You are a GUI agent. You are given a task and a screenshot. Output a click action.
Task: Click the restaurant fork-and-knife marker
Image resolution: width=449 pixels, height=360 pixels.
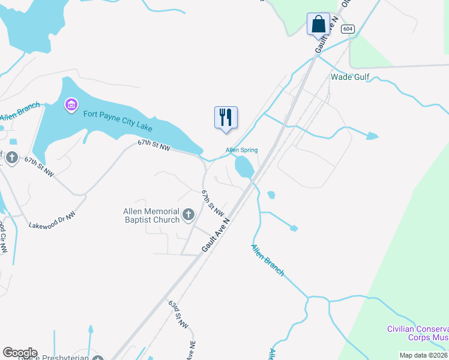pyautogui.click(x=226, y=117)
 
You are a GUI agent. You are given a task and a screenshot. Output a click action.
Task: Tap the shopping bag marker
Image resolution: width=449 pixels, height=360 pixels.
pyautogui.click(x=318, y=25)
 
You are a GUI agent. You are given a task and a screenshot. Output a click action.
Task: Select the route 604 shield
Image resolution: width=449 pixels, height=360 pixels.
pyautogui.click(x=348, y=29)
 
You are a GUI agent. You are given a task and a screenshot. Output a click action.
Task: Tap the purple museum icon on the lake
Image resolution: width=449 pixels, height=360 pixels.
pyautogui.click(x=71, y=106)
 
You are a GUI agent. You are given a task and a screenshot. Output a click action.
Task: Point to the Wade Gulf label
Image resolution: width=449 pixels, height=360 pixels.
pyautogui.click(x=350, y=77)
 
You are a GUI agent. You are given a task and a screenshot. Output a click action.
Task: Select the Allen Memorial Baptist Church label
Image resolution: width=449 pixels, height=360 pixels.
pyautogui.click(x=151, y=215)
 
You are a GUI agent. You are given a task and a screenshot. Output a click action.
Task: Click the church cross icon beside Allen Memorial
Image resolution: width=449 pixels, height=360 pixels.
pyautogui.click(x=188, y=215)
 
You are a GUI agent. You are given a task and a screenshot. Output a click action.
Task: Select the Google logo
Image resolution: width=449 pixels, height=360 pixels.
pyautogui.click(x=20, y=353)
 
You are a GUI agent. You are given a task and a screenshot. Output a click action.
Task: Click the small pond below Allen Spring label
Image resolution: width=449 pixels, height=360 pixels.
pyautogui.click(x=244, y=167)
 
